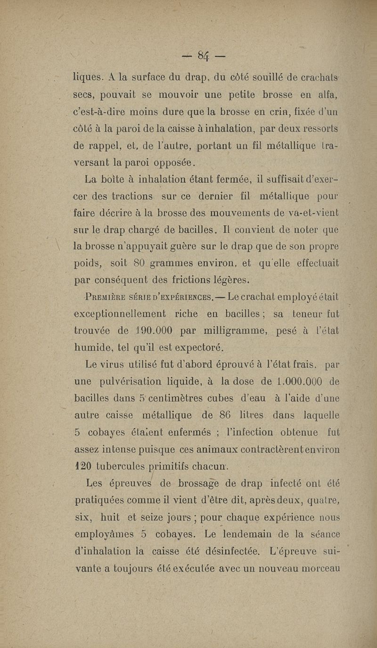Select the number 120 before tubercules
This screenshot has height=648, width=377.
click(x=84, y=466)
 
